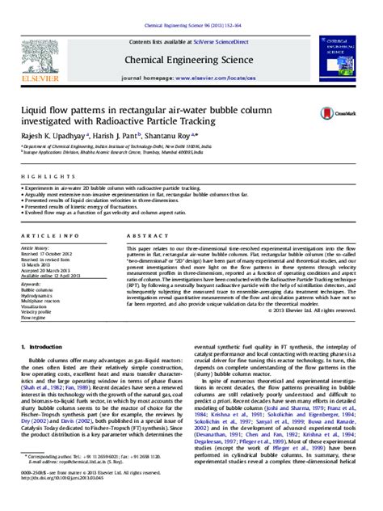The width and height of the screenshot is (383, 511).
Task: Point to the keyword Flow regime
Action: pyautogui.click(x=37, y=319)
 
